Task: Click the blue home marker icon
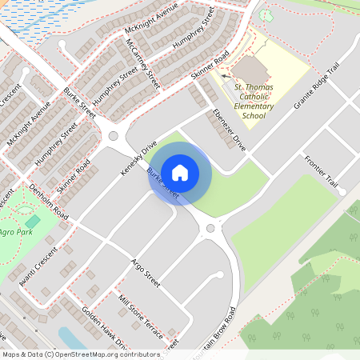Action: click(x=180, y=172)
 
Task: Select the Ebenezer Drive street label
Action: click(x=230, y=129)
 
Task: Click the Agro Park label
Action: click(x=14, y=232)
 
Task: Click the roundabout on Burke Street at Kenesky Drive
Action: click(x=114, y=136)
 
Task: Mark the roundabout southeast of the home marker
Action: click(x=211, y=229)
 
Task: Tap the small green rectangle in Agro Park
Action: click(x=33, y=220)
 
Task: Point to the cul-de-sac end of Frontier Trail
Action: click(x=342, y=192)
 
